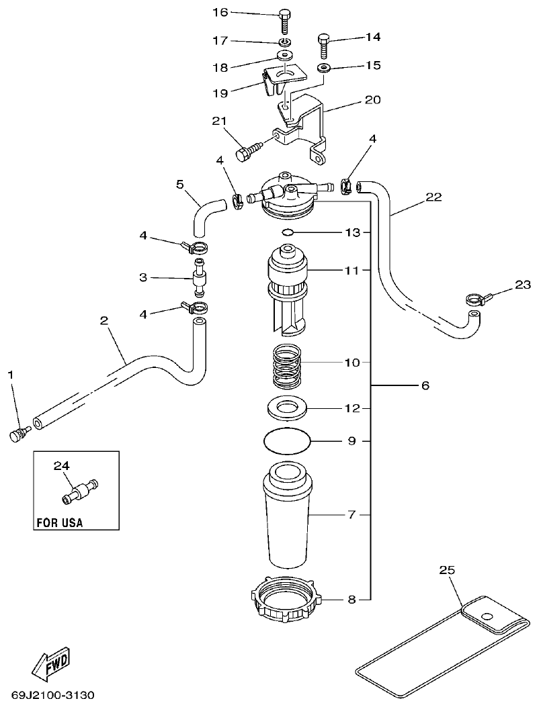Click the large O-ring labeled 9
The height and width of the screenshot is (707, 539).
click(288, 442)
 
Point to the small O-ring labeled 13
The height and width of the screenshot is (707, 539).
click(286, 232)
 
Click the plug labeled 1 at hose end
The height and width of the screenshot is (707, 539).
click(17, 434)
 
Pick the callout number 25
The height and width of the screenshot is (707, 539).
click(447, 570)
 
